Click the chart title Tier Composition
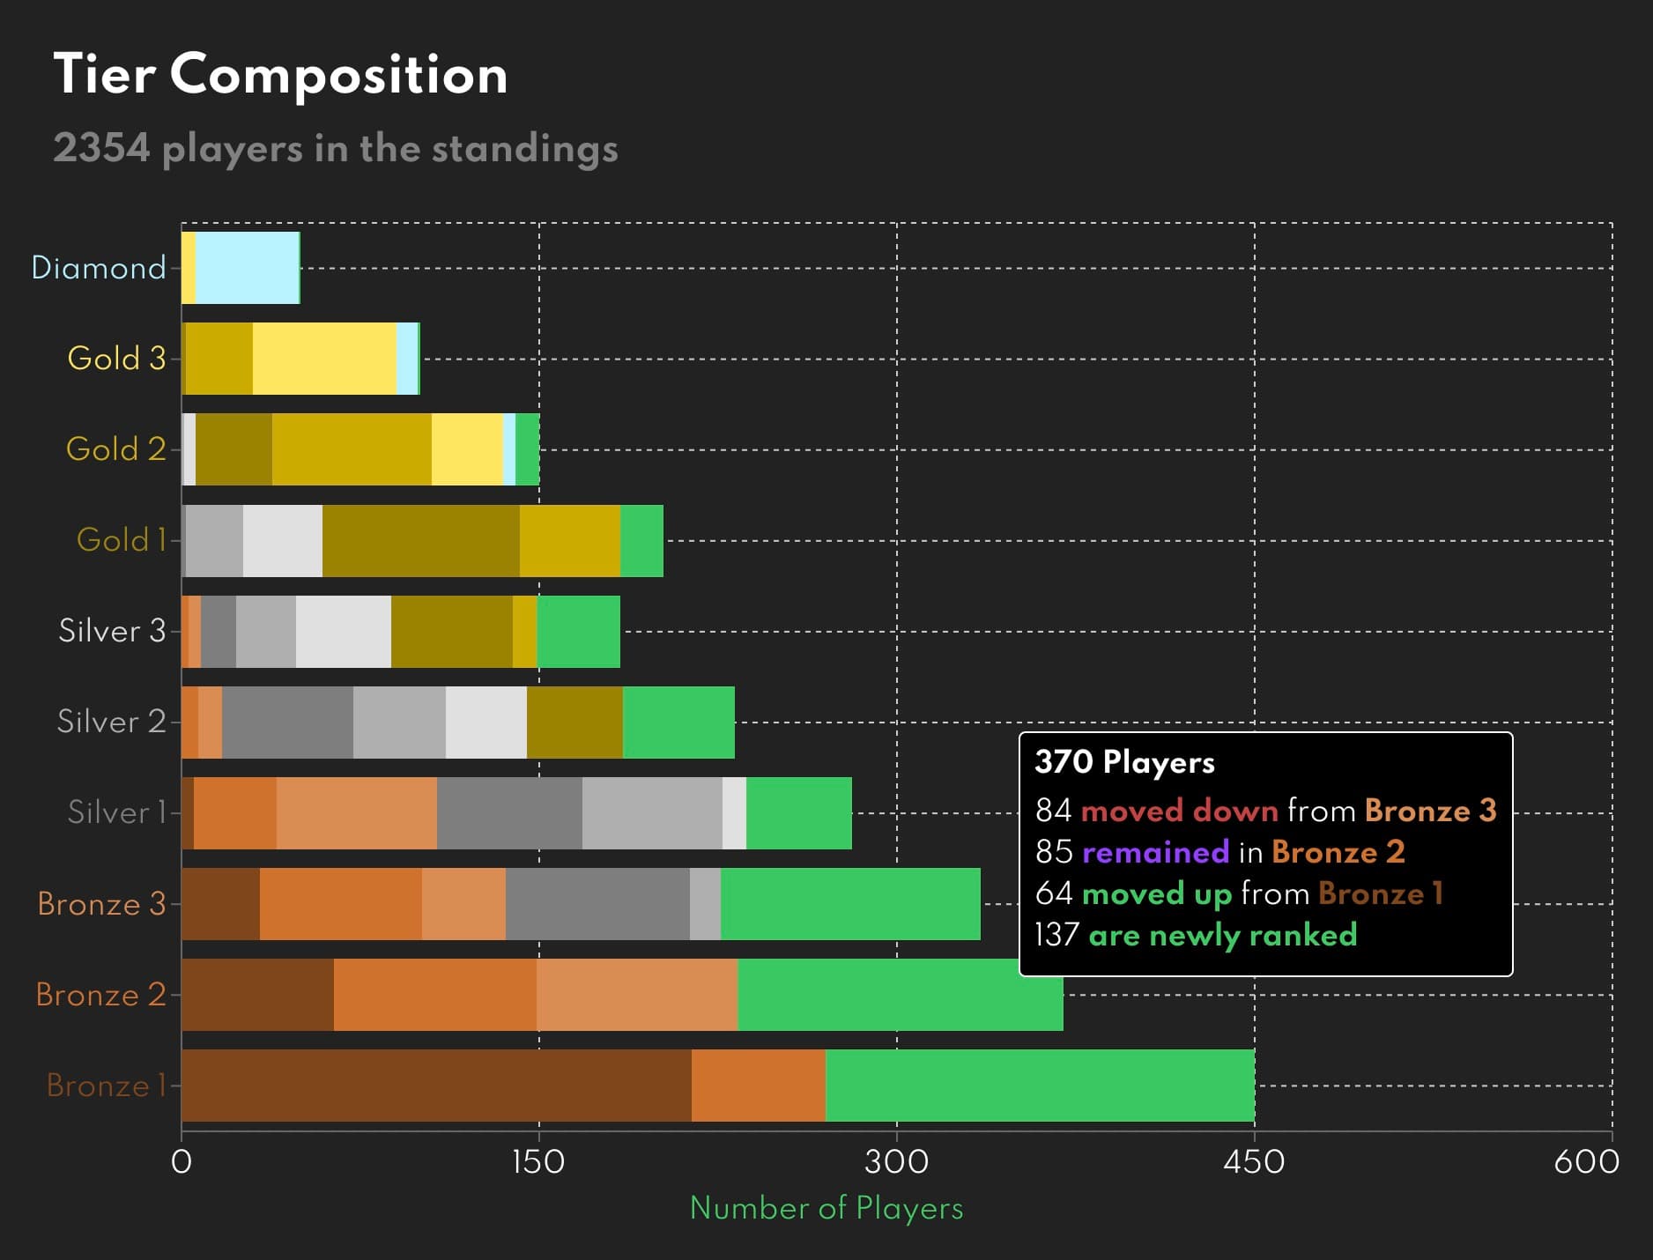click(x=280, y=74)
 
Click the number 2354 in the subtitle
click(x=101, y=148)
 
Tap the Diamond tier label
click(x=98, y=268)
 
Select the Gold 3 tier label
click(x=116, y=359)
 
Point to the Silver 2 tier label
click(x=111, y=722)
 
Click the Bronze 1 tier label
click(x=106, y=1086)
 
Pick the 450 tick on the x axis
click(x=1254, y=1162)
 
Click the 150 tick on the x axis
click(x=538, y=1162)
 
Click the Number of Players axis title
click(x=826, y=1208)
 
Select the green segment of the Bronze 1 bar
click(x=1040, y=1086)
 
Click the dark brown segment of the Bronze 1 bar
click(x=436, y=1086)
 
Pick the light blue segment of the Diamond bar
click(x=247, y=268)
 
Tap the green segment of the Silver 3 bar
click(x=578, y=632)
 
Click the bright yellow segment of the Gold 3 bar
click(x=324, y=359)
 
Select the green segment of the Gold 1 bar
click(x=641, y=541)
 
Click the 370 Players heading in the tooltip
click(x=1124, y=762)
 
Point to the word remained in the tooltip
click(x=1155, y=852)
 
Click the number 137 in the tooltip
click(x=1056, y=935)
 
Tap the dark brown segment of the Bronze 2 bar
click(x=257, y=995)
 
